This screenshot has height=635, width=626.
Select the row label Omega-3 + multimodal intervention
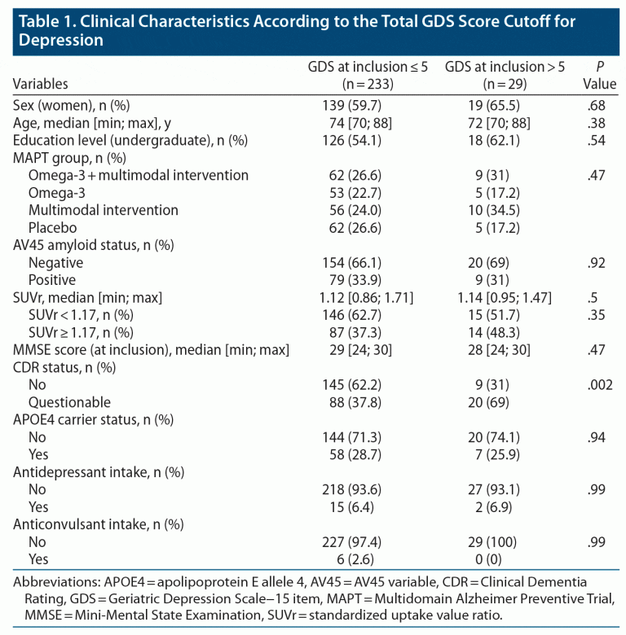(x=139, y=175)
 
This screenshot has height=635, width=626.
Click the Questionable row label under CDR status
(x=69, y=402)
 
